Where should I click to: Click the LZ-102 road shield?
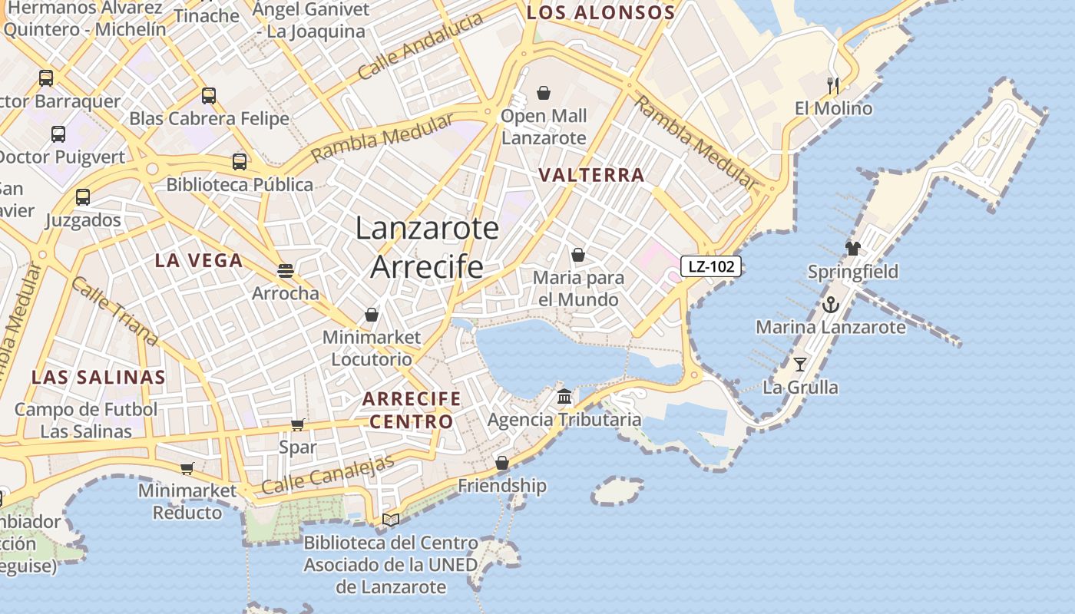coord(711,267)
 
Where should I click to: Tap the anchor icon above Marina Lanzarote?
coord(831,305)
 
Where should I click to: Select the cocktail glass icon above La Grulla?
coord(800,365)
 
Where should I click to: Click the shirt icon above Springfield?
coord(853,248)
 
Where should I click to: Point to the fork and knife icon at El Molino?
coord(833,84)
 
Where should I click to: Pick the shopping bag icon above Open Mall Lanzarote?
coord(544,93)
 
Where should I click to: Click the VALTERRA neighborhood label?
coord(591,175)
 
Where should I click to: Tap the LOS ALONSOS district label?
coord(600,12)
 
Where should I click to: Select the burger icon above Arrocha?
coord(286,270)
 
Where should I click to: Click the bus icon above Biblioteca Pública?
coord(240,161)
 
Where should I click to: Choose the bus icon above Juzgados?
coord(83,196)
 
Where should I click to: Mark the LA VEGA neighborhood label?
coord(199,260)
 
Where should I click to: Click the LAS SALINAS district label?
coord(98,377)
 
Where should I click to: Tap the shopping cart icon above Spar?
coord(298,424)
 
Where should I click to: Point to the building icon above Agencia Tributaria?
coord(564,397)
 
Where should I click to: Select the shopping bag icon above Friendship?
coord(502,463)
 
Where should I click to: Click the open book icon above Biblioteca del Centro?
coord(391,520)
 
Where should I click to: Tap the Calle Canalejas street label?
coord(328,474)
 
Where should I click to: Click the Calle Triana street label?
coord(114,310)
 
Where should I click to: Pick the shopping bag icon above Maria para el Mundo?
coord(578,255)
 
